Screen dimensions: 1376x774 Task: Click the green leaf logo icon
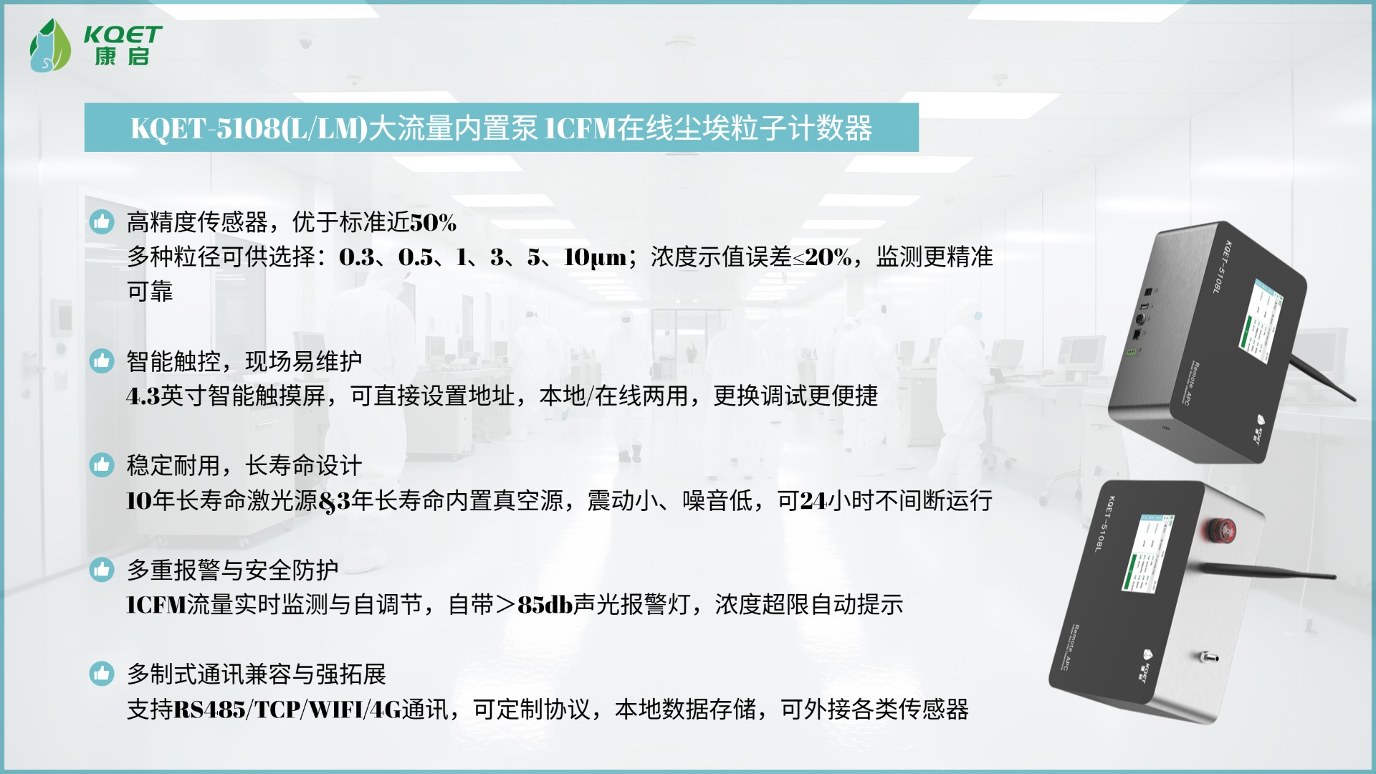coord(49,46)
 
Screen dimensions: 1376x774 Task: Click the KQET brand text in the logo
coord(123,34)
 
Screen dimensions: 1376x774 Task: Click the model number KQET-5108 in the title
coord(206,129)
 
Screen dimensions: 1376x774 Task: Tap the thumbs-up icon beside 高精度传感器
coord(102,222)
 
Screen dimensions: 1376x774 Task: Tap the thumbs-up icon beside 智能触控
coord(102,361)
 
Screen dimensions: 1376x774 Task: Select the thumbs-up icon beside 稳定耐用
coord(102,465)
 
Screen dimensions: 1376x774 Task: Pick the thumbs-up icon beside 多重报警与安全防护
coord(102,570)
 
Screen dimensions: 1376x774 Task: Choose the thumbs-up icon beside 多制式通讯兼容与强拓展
coord(102,674)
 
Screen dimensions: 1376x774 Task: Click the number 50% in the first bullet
coord(433,223)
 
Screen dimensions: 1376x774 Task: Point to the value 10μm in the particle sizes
coord(596,257)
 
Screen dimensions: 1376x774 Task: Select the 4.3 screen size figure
coord(143,396)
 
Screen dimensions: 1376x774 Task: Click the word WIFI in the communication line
coord(336,709)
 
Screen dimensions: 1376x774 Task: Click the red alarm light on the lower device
coord(1217,529)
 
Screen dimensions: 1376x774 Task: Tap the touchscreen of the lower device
coord(1147,552)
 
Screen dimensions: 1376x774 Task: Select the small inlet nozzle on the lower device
coord(1208,656)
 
